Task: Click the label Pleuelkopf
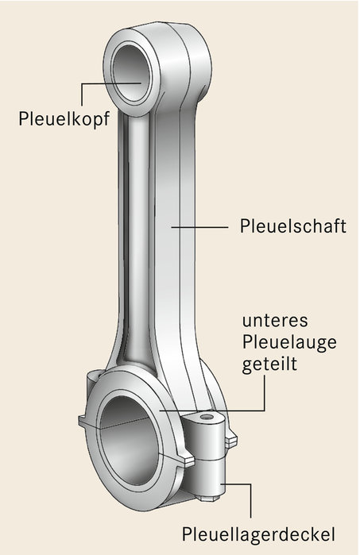(64, 119)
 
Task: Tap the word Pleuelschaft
(293, 225)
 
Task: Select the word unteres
(275, 321)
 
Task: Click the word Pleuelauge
(289, 343)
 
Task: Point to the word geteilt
(269, 364)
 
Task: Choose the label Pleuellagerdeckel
(258, 534)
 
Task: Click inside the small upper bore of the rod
(131, 73)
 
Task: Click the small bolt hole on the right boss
(207, 417)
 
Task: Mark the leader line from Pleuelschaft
(199, 227)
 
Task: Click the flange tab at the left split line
(84, 422)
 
